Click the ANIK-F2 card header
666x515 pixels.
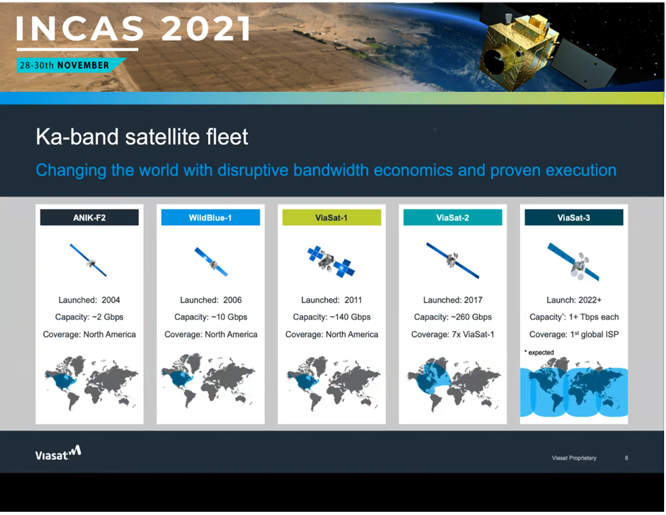click(89, 218)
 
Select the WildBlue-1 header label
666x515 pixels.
click(210, 218)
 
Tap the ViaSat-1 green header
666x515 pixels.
click(331, 218)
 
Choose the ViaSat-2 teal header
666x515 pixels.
click(452, 218)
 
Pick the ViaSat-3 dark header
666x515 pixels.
click(574, 218)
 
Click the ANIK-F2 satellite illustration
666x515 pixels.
click(89, 260)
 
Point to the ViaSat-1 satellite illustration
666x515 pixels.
click(331, 261)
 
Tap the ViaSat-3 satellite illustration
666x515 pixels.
click(574, 262)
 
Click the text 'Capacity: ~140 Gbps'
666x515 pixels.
click(331, 317)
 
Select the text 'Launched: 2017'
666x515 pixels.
click(453, 300)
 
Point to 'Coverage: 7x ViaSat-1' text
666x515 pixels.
click(453, 335)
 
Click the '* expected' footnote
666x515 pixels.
click(539, 352)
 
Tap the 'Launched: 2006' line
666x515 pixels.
click(211, 300)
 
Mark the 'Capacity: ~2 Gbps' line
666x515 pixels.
click(89, 317)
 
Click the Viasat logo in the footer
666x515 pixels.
click(58, 453)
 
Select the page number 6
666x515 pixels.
click(626, 458)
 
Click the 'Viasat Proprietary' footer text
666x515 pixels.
click(574, 458)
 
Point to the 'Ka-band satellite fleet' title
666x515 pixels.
click(142, 136)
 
